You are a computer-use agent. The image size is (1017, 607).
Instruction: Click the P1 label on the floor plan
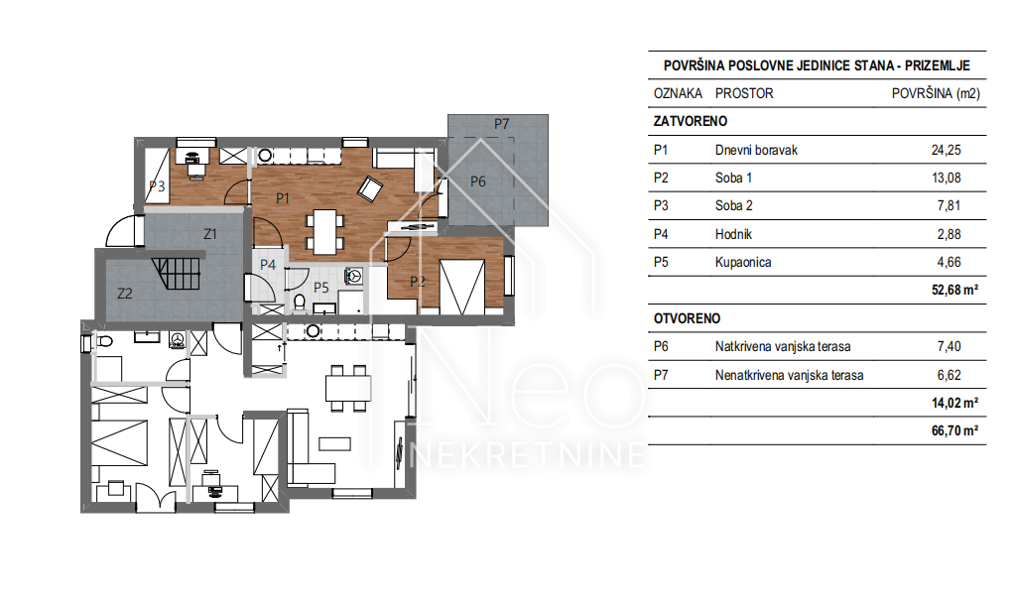coord(282,198)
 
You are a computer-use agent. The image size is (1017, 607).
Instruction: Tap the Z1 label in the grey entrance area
coord(210,234)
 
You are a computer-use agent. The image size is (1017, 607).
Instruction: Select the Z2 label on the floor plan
coord(125,294)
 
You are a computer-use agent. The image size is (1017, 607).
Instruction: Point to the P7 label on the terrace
coord(501,124)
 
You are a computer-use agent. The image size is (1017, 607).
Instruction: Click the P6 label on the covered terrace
coord(478,182)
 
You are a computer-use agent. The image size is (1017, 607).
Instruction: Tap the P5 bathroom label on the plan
coord(321,288)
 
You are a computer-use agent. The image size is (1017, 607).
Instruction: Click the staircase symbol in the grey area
coord(177,274)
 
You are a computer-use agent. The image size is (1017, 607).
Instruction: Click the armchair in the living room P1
coord(370,188)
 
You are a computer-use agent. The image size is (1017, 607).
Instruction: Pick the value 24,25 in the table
coord(947,150)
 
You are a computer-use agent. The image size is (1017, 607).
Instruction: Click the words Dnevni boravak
coord(756,150)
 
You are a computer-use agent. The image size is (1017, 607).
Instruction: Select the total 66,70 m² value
coord(954,430)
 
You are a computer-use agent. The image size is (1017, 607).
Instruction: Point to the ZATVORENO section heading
coord(691,121)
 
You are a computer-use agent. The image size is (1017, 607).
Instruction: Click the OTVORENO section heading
coord(687,318)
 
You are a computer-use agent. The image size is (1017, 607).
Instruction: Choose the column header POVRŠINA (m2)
coord(936,93)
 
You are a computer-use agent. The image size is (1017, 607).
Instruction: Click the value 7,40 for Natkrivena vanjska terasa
coord(949,346)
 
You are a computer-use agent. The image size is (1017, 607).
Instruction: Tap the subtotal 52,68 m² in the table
coord(954,290)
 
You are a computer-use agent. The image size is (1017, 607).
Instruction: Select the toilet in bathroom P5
coord(299,303)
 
